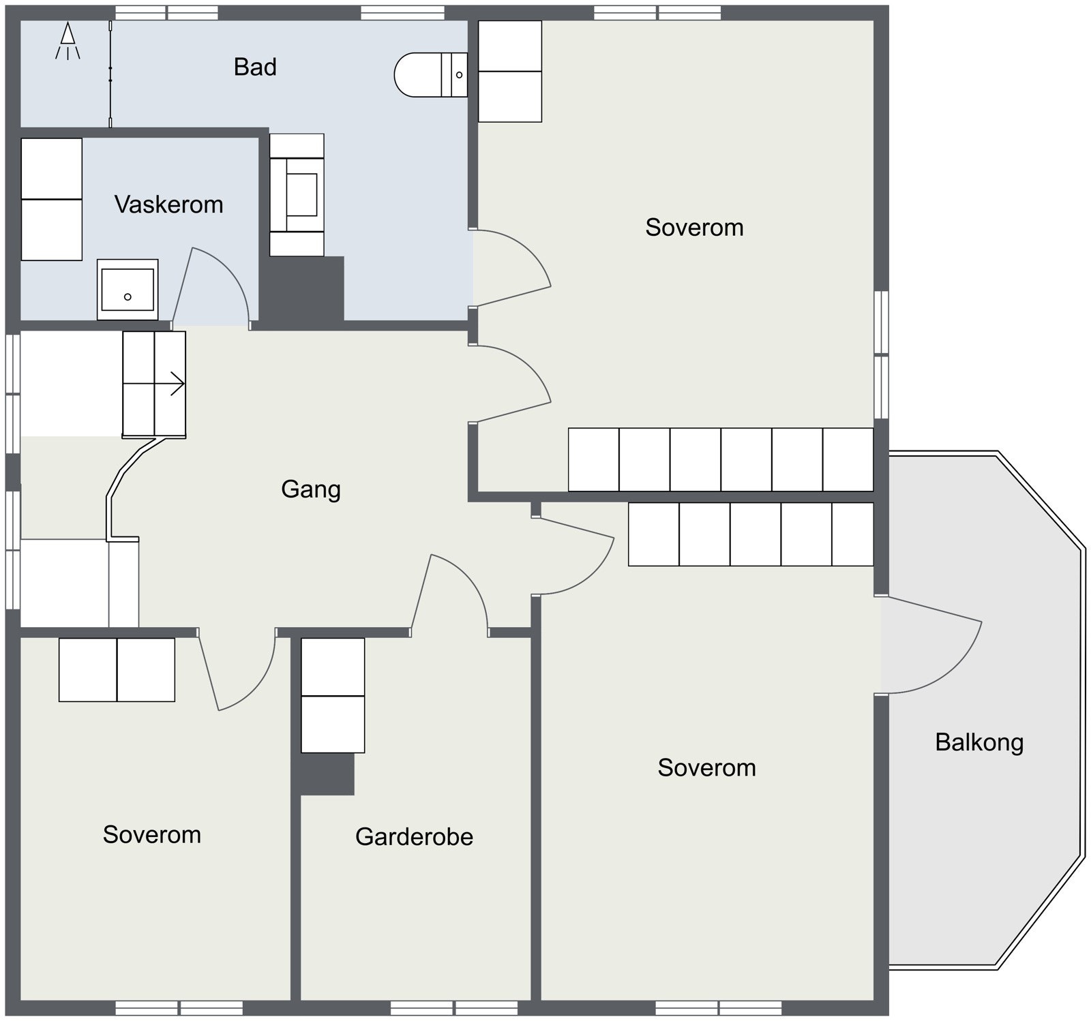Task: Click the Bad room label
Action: (x=255, y=67)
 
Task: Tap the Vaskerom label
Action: (x=168, y=204)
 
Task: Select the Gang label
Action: (x=311, y=489)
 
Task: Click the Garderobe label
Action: (x=414, y=836)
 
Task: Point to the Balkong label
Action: (x=979, y=742)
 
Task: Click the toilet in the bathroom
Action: (x=431, y=74)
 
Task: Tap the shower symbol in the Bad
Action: (x=68, y=41)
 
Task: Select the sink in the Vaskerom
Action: (x=128, y=289)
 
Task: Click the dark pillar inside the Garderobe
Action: (x=327, y=774)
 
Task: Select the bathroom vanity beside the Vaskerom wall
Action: (x=297, y=195)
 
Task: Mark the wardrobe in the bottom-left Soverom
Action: (x=117, y=670)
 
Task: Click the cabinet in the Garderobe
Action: (x=333, y=695)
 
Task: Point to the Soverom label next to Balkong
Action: (x=706, y=768)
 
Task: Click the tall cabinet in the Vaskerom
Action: (x=52, y=199)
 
